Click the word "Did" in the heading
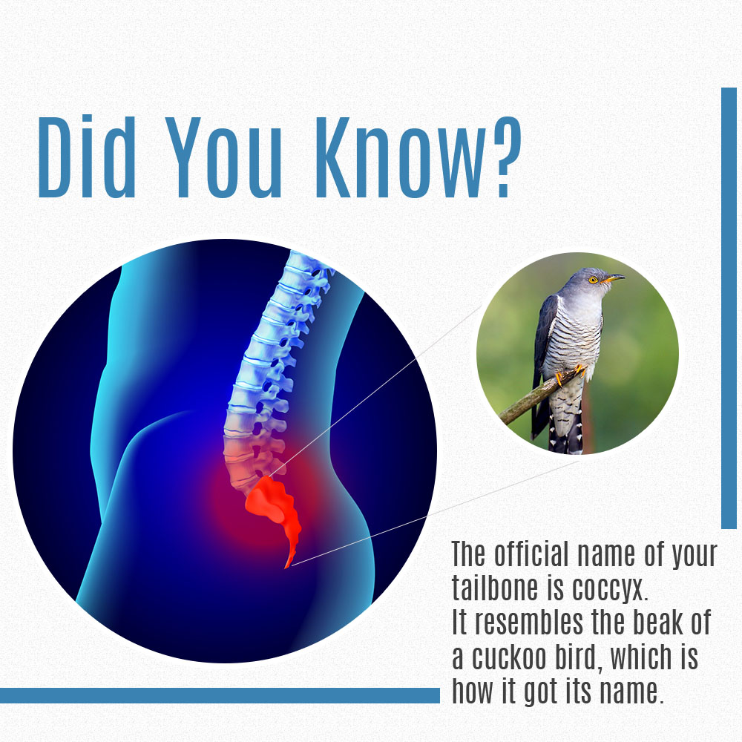coord(87,157)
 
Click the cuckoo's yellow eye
coord(592,280)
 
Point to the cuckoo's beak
coord(614,278)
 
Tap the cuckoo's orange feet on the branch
coord(569,374)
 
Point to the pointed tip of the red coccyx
coord(286,568)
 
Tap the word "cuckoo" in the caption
coord(509,657)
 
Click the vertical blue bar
coord(729,308)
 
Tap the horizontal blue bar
coord(220,695)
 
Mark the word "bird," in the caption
coord(578,657)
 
